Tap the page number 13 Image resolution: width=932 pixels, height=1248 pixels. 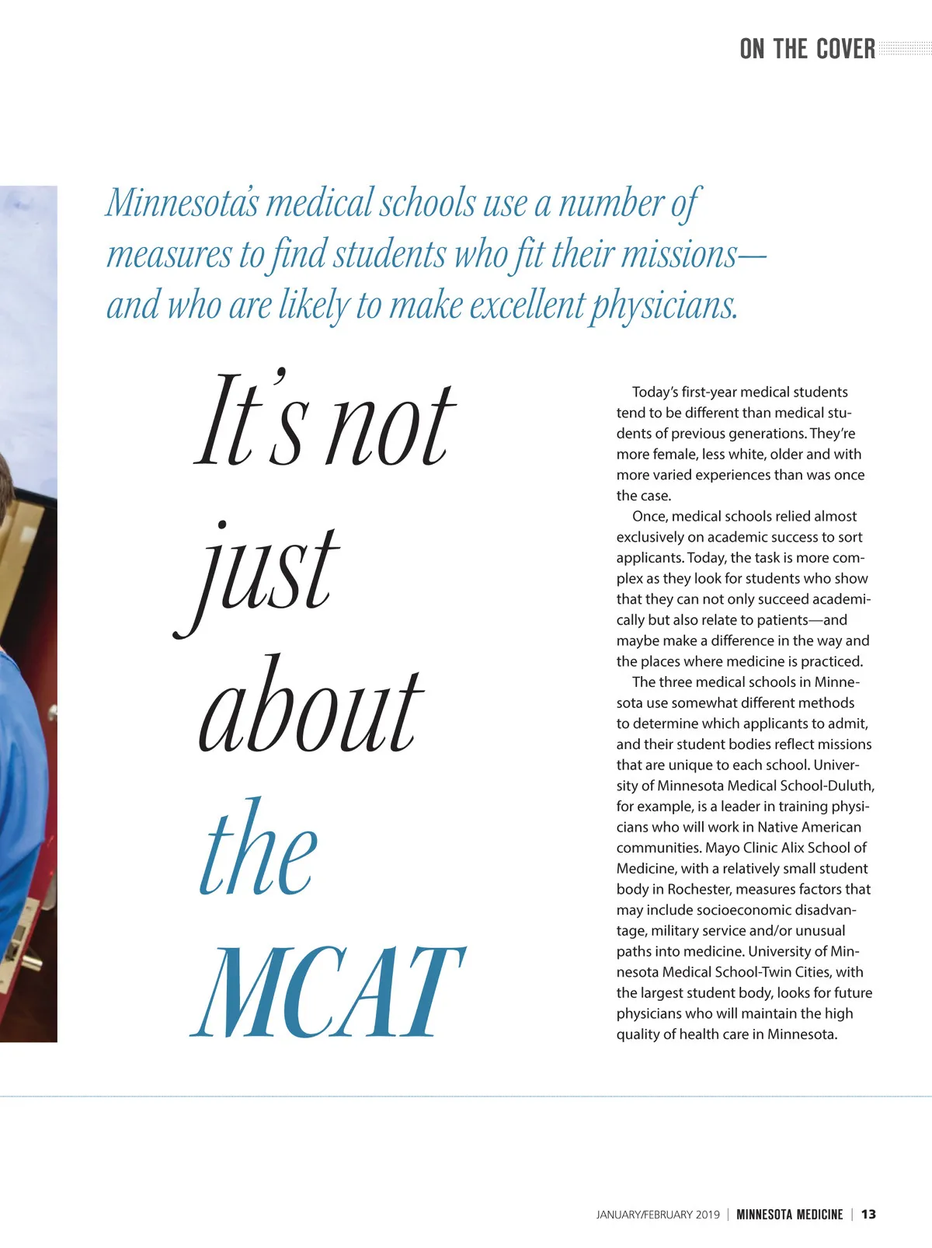pyautogui.click(x=868, y=1214)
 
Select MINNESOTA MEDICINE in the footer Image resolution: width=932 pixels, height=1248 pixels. pyautogui.click(x=789, y=1214)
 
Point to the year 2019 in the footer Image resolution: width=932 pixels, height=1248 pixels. pyautogui.click(x=708, y=1214)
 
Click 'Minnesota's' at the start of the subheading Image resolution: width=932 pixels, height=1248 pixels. pyautogui.click(x=183, y=203)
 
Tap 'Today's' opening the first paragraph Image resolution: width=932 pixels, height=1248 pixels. pyautogui.click(x=655, y=392)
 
